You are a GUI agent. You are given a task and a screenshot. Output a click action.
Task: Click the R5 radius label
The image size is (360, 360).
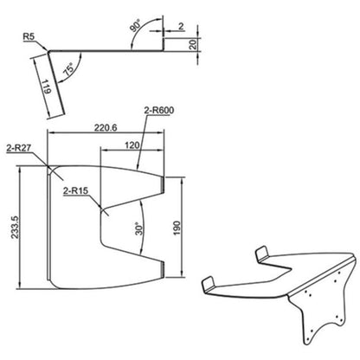[29, 38]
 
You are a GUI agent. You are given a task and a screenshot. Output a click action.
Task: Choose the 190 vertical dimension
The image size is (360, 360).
[177, 222]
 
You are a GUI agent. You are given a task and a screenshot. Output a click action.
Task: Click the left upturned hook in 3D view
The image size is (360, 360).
[208, 287]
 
